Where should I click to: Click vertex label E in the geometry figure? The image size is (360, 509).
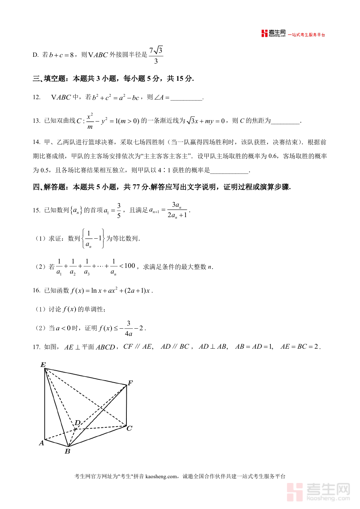43,364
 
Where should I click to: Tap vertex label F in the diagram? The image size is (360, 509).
130,383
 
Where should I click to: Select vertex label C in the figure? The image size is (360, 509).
129,429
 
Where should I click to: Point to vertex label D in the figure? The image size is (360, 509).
78,423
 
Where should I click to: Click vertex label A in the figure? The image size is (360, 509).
41,443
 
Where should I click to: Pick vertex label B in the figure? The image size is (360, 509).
67,451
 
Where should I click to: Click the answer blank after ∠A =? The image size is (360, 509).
186,98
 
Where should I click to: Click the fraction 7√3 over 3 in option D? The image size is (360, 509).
156,55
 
